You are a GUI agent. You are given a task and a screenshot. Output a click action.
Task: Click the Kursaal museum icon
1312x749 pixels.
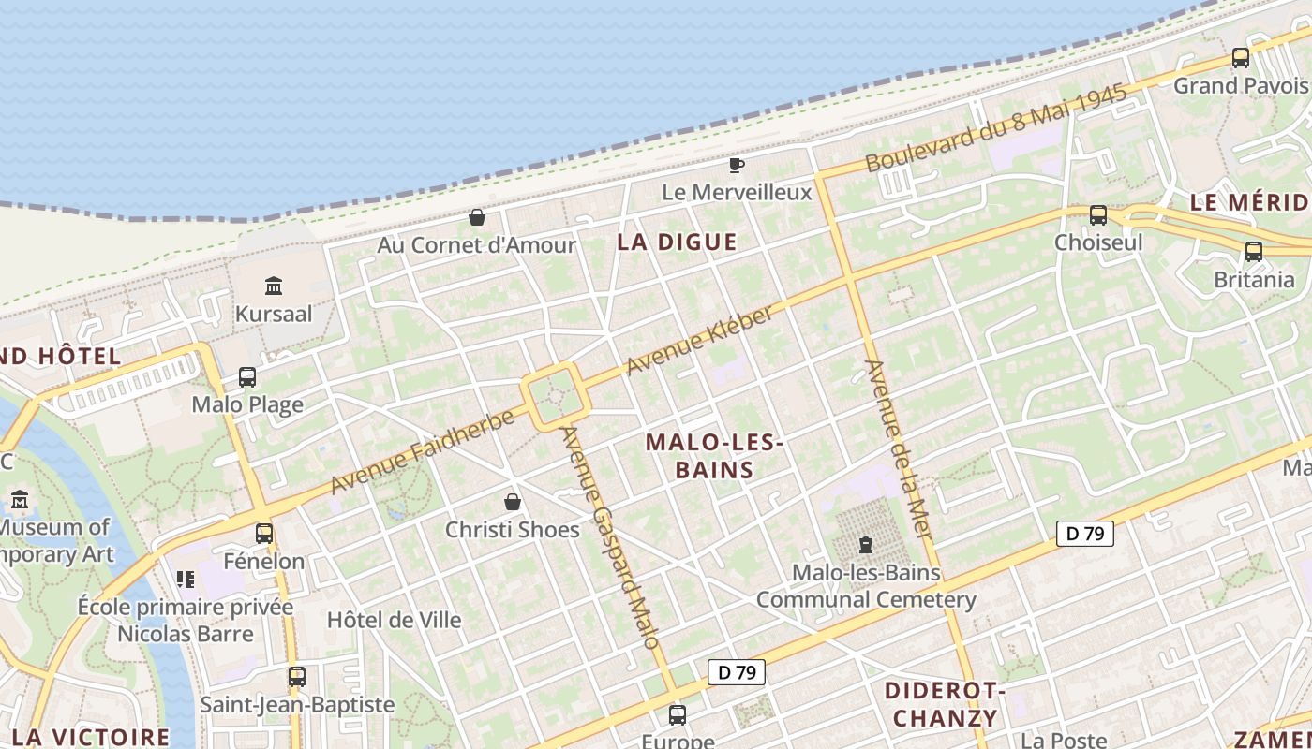[274, 285]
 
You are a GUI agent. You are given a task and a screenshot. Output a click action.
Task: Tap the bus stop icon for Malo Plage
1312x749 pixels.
[247, 377]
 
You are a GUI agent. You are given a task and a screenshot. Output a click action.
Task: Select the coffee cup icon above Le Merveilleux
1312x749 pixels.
[737, 166]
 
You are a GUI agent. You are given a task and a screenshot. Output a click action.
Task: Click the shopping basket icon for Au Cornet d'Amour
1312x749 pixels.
[477, 217]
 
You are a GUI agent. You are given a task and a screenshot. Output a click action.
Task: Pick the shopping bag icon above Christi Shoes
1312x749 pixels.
[513, 502]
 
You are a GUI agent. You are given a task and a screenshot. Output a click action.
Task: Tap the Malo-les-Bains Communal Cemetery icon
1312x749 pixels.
[866, 544]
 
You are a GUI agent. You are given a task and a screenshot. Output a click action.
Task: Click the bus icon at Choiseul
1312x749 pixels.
[1098, 215]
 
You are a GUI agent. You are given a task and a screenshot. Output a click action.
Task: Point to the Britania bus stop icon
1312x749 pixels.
[1254, 251]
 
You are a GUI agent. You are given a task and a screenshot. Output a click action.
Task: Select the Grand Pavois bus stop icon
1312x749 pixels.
[1241, 58]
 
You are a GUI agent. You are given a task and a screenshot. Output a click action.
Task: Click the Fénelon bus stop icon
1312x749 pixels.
[264, 534]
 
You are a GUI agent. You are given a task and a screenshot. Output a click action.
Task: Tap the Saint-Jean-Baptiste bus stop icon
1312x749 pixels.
[297, 676]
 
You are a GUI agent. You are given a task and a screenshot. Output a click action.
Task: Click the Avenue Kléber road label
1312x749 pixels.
[700, 339]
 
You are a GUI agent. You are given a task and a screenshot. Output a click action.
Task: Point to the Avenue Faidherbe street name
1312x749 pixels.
[423, 452]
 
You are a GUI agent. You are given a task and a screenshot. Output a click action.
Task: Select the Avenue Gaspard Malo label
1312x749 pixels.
[611, 537]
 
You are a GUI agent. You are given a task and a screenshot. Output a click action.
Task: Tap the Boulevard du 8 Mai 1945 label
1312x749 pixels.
[995, 131]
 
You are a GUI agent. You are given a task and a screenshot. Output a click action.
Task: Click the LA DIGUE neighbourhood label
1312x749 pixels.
[677, 242]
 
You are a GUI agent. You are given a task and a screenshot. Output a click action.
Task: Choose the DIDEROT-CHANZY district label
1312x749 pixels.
[945, 705]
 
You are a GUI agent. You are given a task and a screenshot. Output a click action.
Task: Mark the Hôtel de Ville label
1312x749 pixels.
[394, 620]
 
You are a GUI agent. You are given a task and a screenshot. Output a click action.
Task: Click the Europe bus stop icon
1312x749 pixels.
[678, 715]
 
